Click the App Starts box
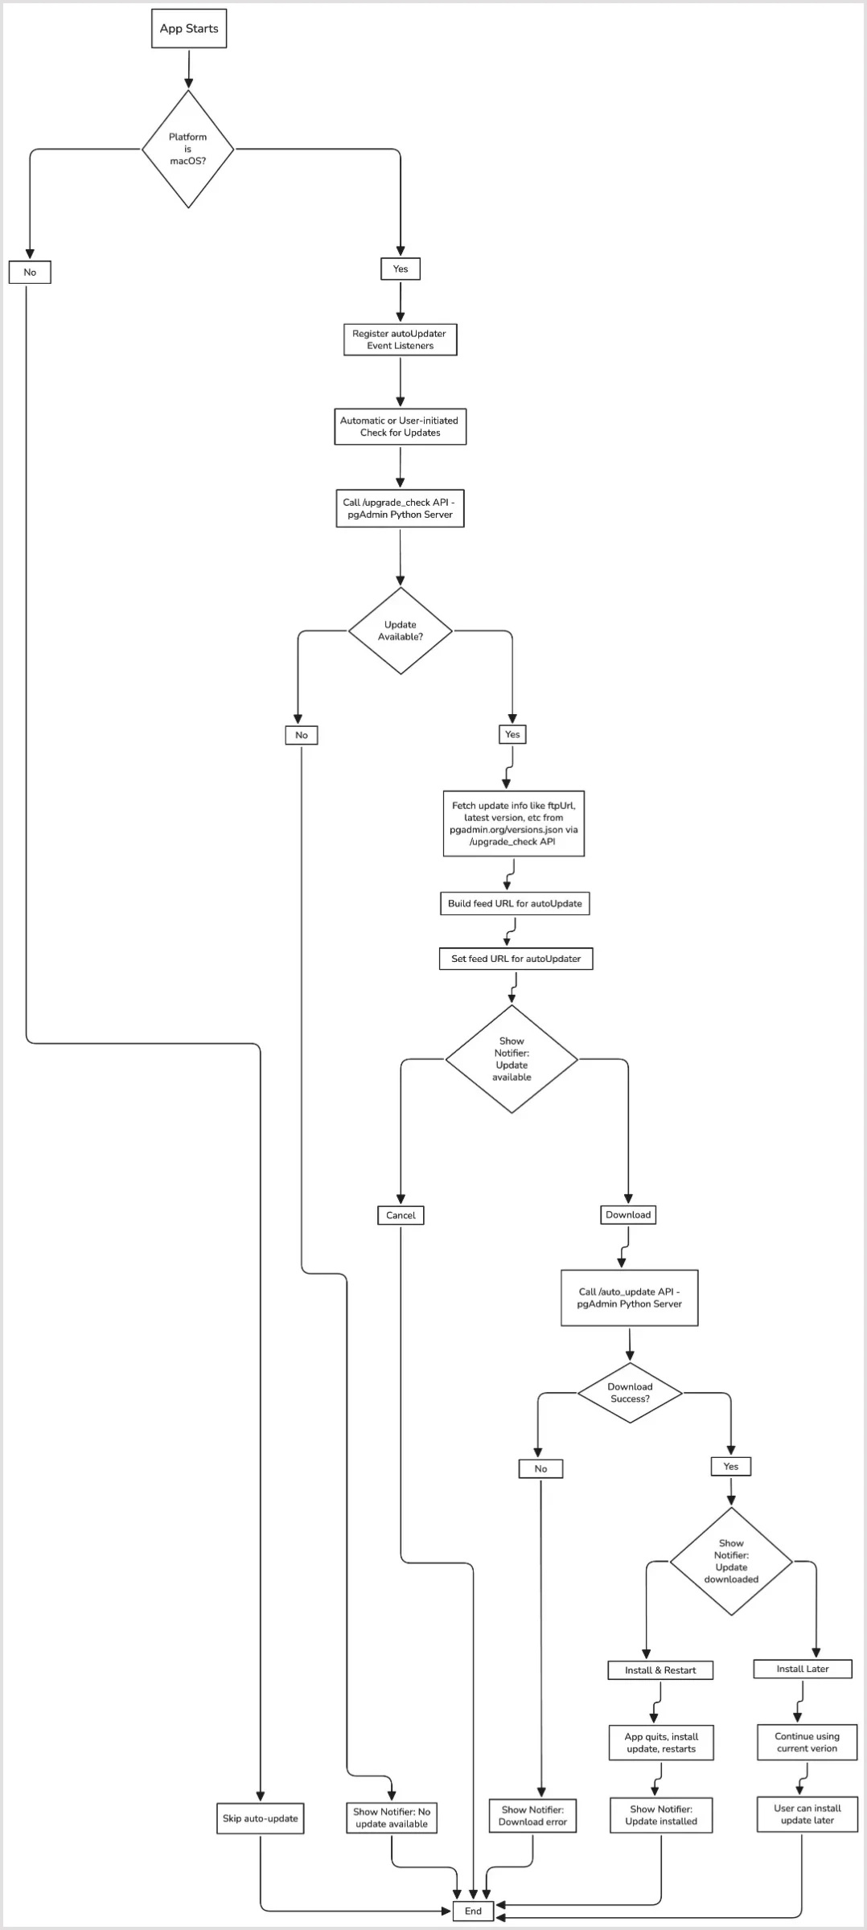click(189, 29)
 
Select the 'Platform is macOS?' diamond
click(188, 150)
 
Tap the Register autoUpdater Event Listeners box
click(400, 339)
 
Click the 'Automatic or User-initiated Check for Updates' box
click(400, 426)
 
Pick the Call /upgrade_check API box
click(400, 508)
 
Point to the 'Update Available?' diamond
click(401, 630)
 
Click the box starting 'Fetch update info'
click(513, 823)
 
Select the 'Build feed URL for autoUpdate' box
click(515, 903)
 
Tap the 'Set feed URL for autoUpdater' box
click(516, 959)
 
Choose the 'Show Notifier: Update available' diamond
click(512, 1059)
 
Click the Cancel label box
click(401, 1215)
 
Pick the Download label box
click(628, 1214)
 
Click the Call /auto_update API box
click(629, 1298)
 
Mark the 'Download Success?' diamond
click(630, 1393)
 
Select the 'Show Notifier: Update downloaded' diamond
click(731, 1562)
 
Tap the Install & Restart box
click(660, 1670)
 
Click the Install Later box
click(803, 1669)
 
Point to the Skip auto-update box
click(260, 1818)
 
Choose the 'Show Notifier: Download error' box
click(532, 1816)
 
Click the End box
click(473, 1911)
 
